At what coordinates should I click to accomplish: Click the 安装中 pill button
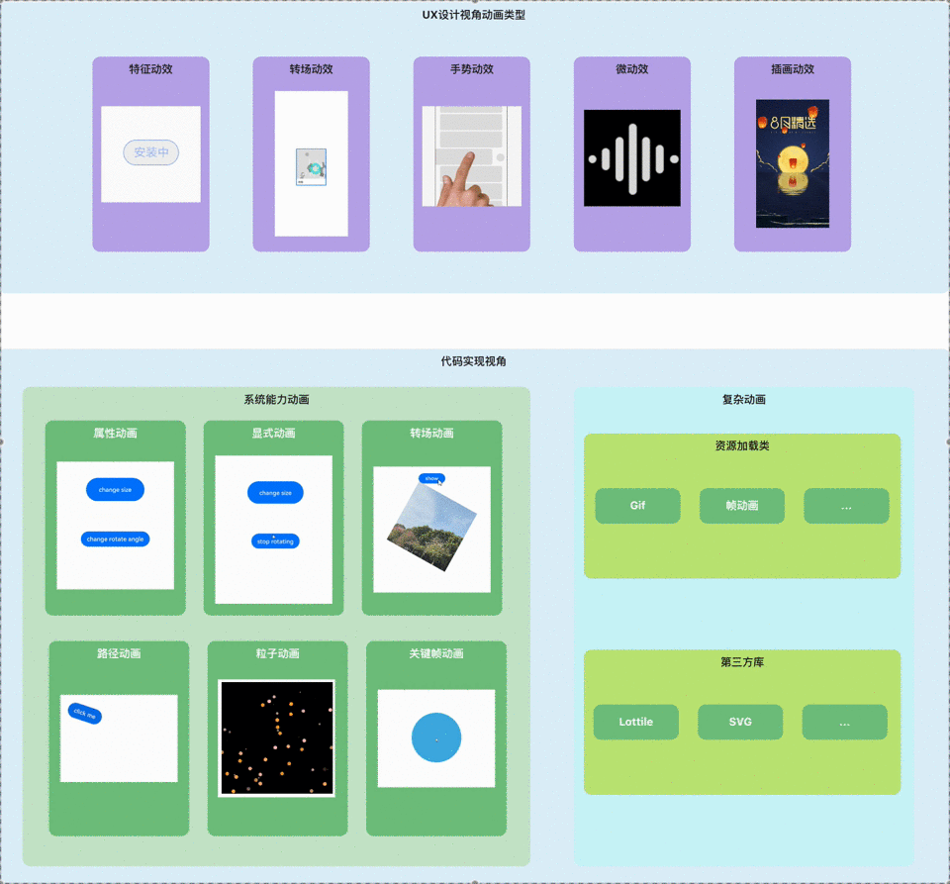[150, 152]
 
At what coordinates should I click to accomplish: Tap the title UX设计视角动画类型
[474, 15]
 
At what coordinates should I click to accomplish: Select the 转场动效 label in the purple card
[311, 69]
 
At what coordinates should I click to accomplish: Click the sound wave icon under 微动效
[632, 158]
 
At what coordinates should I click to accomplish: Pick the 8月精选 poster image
[792, 163]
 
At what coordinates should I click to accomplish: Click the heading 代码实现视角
[474, 362]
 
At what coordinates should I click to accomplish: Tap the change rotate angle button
[115, 540]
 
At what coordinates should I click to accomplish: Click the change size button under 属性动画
[115, 490]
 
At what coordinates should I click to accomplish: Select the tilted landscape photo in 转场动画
[431, 526]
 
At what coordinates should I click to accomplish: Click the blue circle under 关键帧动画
[436, 737]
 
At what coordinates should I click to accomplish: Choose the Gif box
[637, 506]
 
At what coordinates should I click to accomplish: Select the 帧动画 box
[742, 506]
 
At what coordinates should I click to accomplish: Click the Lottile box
[636, 722]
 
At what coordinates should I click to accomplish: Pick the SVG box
[740, 722]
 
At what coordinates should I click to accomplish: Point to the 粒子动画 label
[277, 654]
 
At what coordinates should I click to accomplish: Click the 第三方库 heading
[742, 662]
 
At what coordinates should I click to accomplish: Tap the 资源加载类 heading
[742, 446]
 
